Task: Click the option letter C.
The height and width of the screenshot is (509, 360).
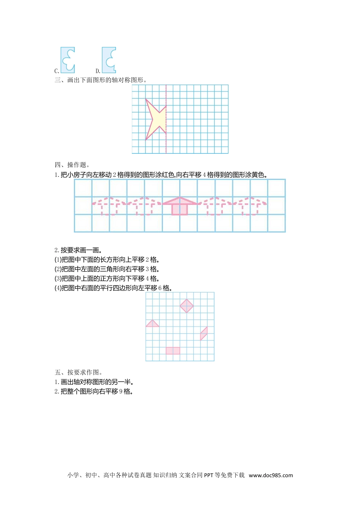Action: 56,71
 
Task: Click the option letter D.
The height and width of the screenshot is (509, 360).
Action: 98,71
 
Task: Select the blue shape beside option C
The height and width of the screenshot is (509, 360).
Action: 68,60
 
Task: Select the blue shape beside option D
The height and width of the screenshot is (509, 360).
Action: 109,60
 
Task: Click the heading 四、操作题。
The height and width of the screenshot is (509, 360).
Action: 72,165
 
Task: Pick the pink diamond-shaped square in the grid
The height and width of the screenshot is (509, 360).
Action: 186,306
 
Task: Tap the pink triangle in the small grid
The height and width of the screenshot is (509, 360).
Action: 152,324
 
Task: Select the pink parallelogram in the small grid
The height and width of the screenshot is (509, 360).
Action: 204,333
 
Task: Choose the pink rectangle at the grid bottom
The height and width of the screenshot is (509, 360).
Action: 173,351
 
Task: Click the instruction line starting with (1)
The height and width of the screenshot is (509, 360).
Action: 107,260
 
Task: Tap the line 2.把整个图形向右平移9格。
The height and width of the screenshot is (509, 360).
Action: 94,392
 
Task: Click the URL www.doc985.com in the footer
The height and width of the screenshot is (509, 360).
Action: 271,475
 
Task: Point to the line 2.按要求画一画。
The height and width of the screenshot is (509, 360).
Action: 78,250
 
